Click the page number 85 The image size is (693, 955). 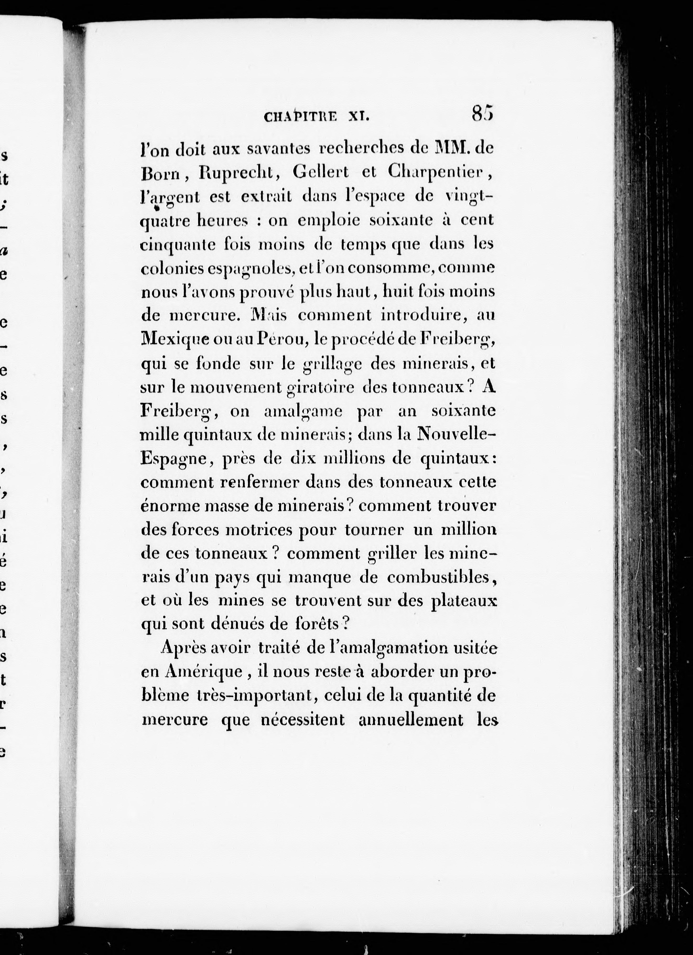[482, 114]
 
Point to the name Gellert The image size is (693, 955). [326, 173]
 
